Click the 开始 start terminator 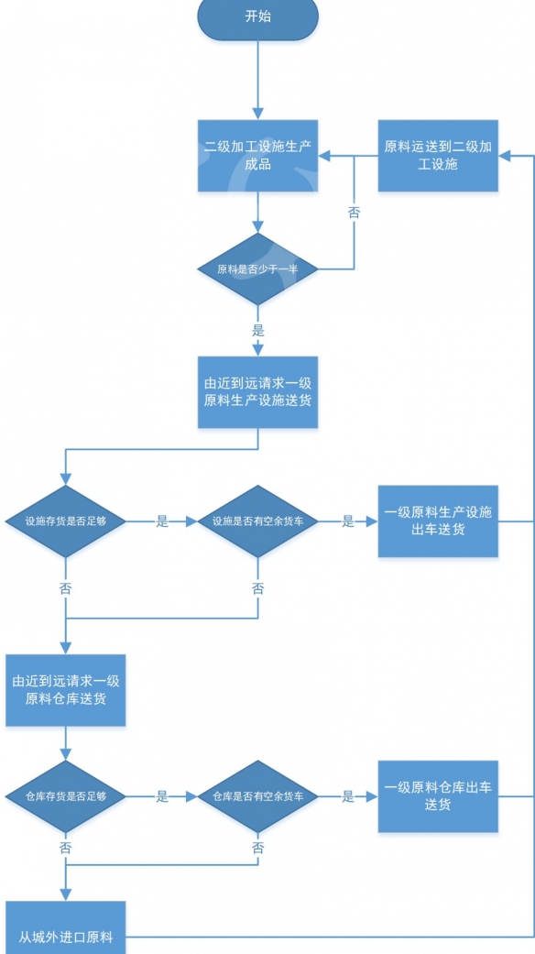pyautogui.click(x=257, y=17)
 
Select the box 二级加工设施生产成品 pyautogui.click(x=257, y=156)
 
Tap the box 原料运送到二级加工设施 pyautogui.click(x=438, y=156)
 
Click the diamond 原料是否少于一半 pyautogui.click(x=257, y=269)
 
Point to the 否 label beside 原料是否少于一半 pyautogui.click(x=355, y=212)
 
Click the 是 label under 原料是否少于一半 pyautogui.click(x=257, y=330)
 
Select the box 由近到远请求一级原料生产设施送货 pyautogui.click(x=257, y=392)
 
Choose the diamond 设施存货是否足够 pyautogui.click(x=66, y=521)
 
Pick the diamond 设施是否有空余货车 pyautogui.click(x=257, y=521)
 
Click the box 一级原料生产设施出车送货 pyautogui.click(x=438, y=521)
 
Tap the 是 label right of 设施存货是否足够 pyautogui.click(x=162, y=521)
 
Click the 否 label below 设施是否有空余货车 pyautogui.click(x=257, y=587)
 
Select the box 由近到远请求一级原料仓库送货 pyautogui.click(x=66, y=690)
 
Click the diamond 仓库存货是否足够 pyautogui.click(x=66, y=796)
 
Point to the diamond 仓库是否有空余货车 pyautogui.click(x=257, y=796)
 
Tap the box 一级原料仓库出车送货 pyautogui.click(x=438, y=796)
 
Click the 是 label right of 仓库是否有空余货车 pyautogui.click(x=348, y=796)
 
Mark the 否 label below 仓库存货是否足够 pyautogui.click(x=66, y=848)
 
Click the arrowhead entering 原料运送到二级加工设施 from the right pyautogui.click(x=504, y=157)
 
